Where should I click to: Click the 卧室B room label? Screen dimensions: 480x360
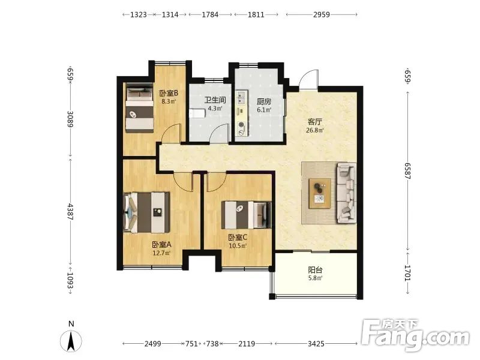(169, 93)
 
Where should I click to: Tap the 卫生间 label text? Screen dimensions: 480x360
(215, 100)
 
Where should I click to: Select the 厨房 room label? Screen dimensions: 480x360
(264, 101)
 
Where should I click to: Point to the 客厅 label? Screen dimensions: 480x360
(314, 122)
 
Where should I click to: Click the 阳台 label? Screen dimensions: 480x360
(315, 270)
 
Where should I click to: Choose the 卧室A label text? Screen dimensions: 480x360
(161, 245)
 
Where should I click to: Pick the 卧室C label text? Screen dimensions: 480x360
(238, 237)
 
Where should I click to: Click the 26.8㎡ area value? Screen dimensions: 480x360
(315, 130)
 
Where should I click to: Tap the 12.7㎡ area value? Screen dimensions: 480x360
(161, 253)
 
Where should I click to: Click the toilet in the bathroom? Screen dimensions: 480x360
(197, 114)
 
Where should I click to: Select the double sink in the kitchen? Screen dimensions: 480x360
(241, 97)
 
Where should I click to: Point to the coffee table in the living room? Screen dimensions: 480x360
(320, 193)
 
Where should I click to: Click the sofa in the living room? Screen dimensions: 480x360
(347, 193)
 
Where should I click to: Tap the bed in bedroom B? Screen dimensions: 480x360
(140, 108)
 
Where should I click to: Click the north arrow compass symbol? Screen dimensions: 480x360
(71, 341)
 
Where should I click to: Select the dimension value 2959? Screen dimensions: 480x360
(322, 14)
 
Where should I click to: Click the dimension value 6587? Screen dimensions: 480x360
(407, 171)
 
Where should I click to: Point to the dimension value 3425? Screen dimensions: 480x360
(316, 344)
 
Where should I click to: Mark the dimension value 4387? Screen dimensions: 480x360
(70, 212)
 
